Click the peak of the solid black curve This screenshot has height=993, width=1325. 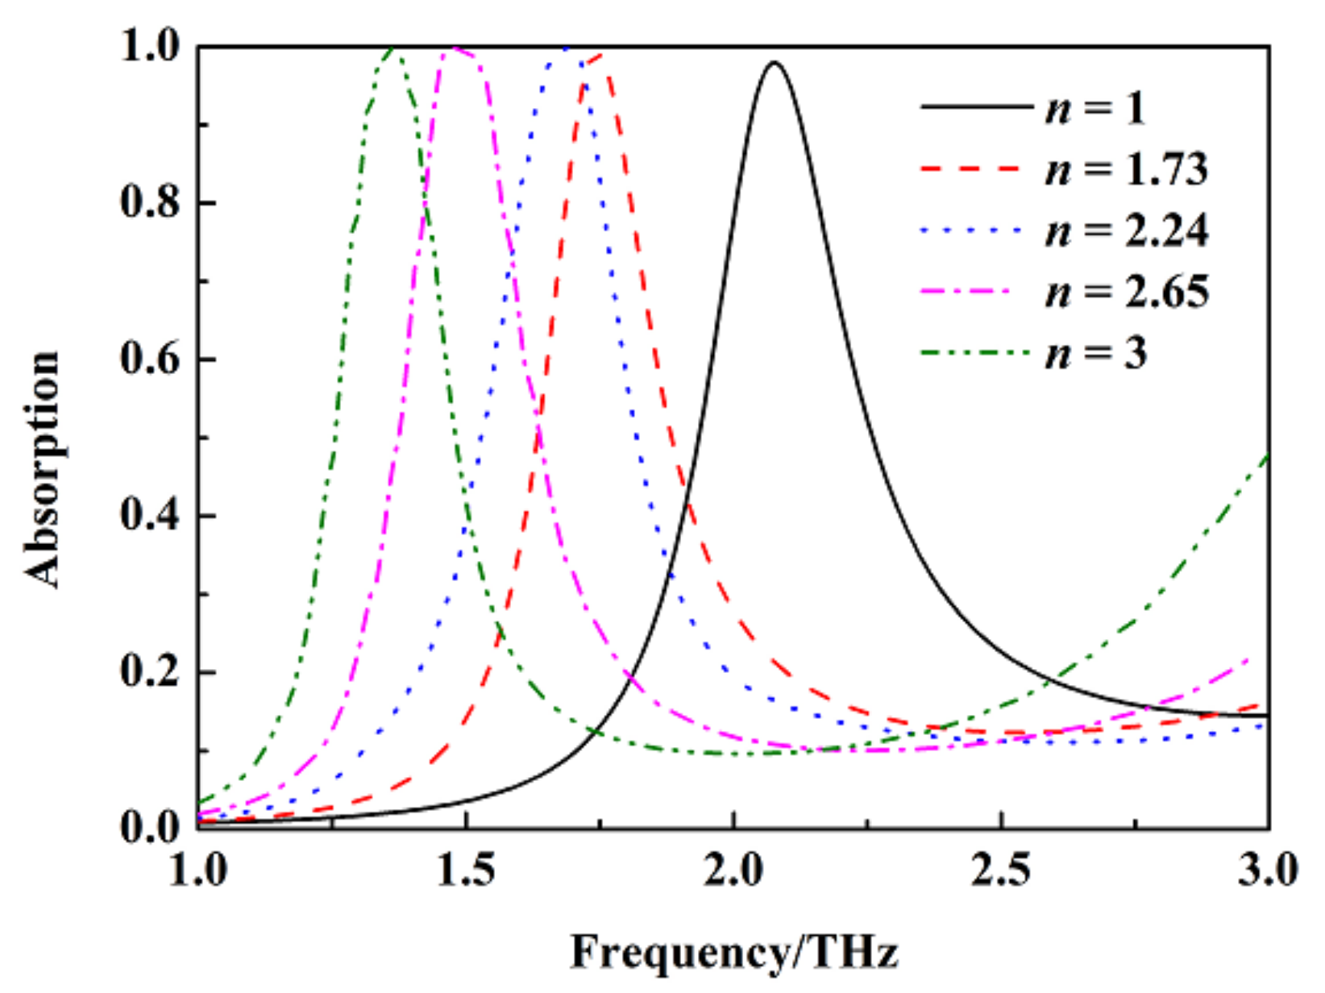coord(774,63)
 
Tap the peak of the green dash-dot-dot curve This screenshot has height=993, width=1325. coord(393,49)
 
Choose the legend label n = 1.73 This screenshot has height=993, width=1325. coord(1127,169)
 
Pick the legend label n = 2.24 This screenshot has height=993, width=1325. coord(1127,231)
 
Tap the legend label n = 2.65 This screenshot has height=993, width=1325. coord(1127,292)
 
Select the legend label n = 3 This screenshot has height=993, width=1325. coord(1096,353)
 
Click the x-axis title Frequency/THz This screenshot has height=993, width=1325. coord(733,953)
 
